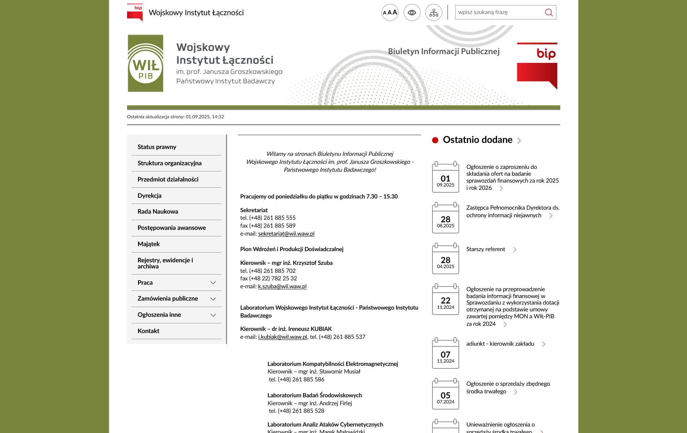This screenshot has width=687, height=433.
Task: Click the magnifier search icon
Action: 549,13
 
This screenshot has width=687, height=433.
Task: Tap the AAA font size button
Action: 390,13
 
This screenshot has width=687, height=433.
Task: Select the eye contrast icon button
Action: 412,13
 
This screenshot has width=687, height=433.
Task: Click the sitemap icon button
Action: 434,13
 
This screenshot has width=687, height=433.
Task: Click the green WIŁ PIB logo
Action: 145,64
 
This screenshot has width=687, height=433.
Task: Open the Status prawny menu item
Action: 157,147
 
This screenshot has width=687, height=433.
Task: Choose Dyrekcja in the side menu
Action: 149,196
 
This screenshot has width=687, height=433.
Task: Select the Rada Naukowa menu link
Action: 158,211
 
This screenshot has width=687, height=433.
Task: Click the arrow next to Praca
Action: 213,283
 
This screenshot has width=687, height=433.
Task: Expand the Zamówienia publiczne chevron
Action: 213,299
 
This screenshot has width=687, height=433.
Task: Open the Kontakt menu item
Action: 148,331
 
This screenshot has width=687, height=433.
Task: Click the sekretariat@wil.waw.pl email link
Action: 286,233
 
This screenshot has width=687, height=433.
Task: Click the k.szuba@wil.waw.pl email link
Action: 282,286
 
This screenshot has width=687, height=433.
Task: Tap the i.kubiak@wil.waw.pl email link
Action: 283,337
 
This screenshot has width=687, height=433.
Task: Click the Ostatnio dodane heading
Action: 477,140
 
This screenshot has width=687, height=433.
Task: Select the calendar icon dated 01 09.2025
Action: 445,177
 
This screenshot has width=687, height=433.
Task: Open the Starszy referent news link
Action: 486,249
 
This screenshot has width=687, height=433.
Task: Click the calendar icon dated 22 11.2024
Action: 445,299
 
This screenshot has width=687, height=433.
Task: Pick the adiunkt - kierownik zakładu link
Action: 500,344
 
